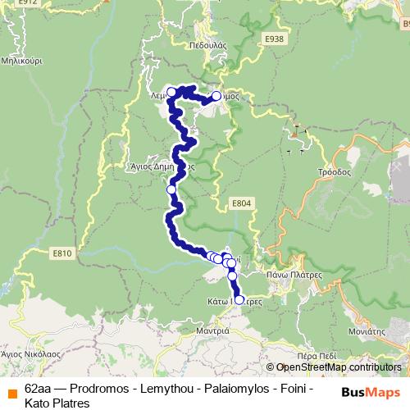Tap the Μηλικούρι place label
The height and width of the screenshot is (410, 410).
pos(22,61)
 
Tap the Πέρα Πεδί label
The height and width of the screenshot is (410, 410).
pos(319,356)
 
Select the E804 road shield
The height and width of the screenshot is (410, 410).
pos(239,203)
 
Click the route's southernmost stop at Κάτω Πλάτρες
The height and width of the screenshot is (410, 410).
pos(239,300)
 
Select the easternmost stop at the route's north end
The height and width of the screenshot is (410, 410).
pos(216,96)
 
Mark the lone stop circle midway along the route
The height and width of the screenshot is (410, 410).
pos(171,189)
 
